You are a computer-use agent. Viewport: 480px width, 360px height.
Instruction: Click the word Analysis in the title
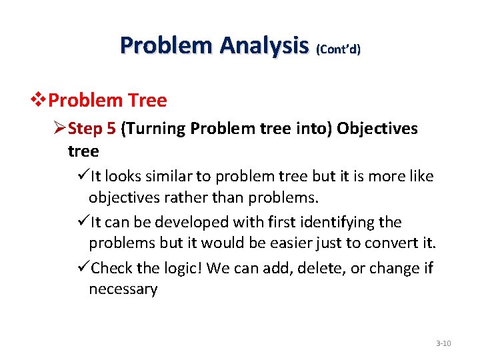click(265, 45)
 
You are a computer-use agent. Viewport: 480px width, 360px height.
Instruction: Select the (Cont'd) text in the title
click(338, 49)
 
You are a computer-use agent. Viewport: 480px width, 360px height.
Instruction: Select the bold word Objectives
click(377, 128)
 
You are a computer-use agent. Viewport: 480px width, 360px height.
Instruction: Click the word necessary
click(123, 290)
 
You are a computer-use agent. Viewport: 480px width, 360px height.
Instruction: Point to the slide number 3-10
click(443, 343)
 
